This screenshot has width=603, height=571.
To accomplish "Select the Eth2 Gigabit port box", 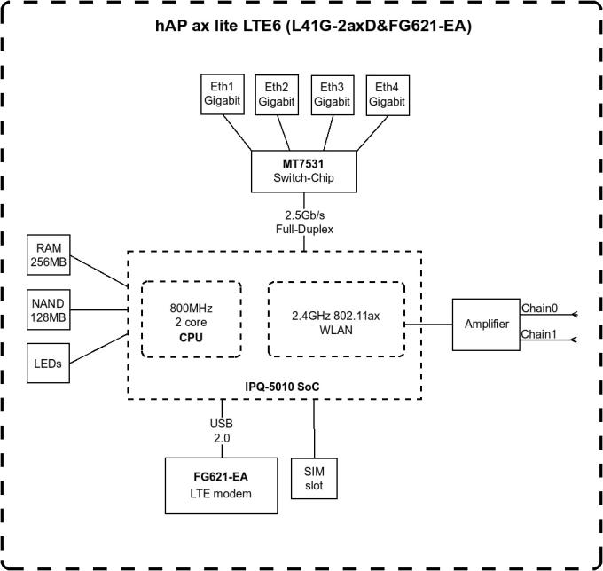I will click(276, 94).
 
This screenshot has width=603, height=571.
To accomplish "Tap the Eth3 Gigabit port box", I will click(332, 94).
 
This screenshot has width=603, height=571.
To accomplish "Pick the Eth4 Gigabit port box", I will click(387, 94).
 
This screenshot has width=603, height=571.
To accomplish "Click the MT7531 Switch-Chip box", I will click(304, 171).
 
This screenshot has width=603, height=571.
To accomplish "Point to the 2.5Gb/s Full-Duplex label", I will click(303, 223).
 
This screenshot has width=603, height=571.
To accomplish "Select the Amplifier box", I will click(487, 324).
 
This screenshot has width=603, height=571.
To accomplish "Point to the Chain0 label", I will click(540, 308).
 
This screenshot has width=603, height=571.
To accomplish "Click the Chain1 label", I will click(540, 333).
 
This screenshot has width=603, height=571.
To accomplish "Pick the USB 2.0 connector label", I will click(221, 431).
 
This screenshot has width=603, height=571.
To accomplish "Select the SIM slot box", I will click(313, 478).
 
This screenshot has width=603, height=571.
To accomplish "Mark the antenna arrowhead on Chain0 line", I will click(576, 313).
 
